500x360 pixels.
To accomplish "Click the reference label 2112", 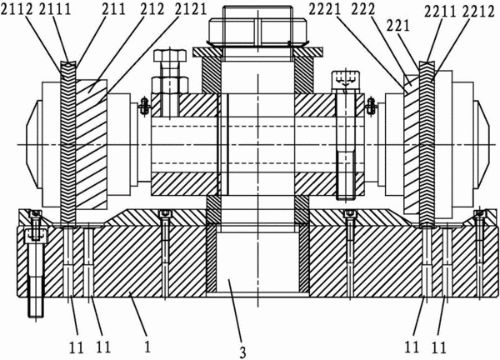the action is (17, 9).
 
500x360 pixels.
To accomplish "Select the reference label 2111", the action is (54, 9).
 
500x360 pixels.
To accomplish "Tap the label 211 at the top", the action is (114, 9).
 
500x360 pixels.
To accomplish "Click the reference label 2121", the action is (191, 9).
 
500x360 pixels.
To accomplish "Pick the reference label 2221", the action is (325, 10).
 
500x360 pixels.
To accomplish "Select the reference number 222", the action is (363, 10).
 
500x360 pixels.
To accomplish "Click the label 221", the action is (397, 26).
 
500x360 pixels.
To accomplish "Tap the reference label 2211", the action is (441, 12).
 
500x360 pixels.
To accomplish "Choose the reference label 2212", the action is (478, 12).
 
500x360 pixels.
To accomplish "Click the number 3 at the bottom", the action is (243, 352).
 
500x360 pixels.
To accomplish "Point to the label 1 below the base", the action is (147, 347).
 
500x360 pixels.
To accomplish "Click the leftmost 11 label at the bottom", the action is (76, 347).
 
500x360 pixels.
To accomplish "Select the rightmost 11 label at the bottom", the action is (439, 347).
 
